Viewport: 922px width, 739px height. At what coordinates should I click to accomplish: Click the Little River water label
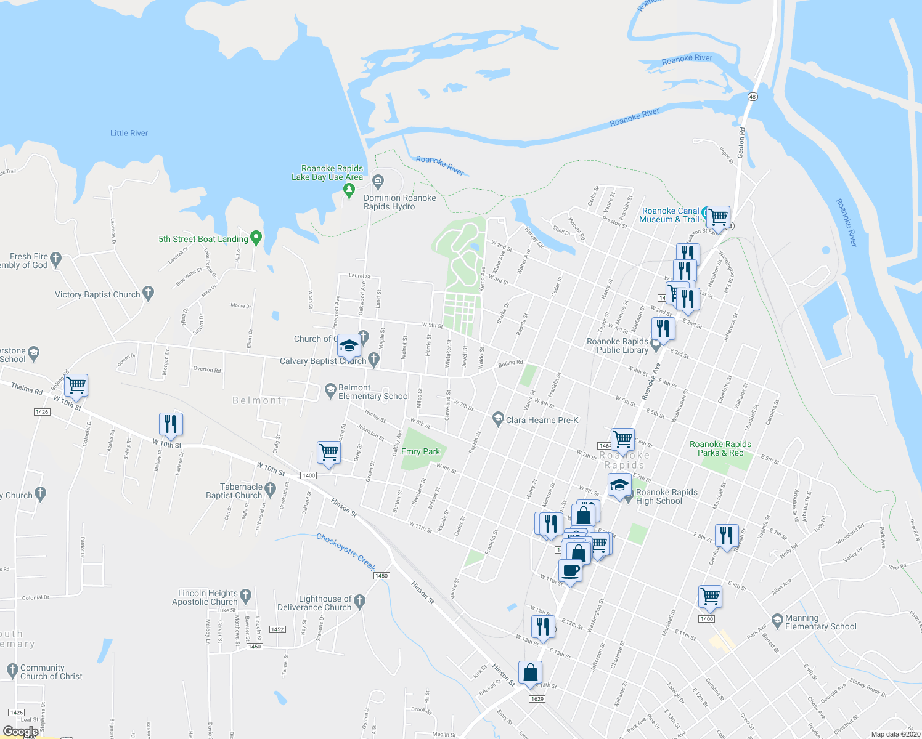[129, 133]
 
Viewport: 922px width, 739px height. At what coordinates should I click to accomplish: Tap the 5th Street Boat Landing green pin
[256, 238]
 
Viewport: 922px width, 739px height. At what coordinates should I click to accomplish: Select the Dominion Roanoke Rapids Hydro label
[399, 202]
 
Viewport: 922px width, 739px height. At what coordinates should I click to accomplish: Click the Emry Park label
[420, 451]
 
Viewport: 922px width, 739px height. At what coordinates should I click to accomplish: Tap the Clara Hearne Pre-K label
[542, 420]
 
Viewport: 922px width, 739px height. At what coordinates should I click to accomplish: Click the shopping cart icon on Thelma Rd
[76, 386]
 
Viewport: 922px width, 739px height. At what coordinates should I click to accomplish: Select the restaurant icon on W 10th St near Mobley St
[171, 424]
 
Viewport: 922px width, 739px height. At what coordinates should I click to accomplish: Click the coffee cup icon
[571, 571]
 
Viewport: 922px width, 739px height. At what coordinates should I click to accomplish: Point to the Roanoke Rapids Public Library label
[618, 345]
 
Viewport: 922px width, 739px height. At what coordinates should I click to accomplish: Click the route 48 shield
[753, 97]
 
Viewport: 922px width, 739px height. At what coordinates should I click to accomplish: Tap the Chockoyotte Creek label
[346, 551]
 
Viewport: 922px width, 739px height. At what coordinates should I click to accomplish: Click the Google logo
[20, 732]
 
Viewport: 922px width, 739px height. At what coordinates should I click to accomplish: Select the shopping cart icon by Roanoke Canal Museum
[718, 217]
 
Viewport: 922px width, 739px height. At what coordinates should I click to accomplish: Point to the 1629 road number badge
[537, 698]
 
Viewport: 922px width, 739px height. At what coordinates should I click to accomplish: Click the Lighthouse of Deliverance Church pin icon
[360, 600]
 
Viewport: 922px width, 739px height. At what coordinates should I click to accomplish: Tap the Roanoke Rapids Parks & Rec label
[720, 448]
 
